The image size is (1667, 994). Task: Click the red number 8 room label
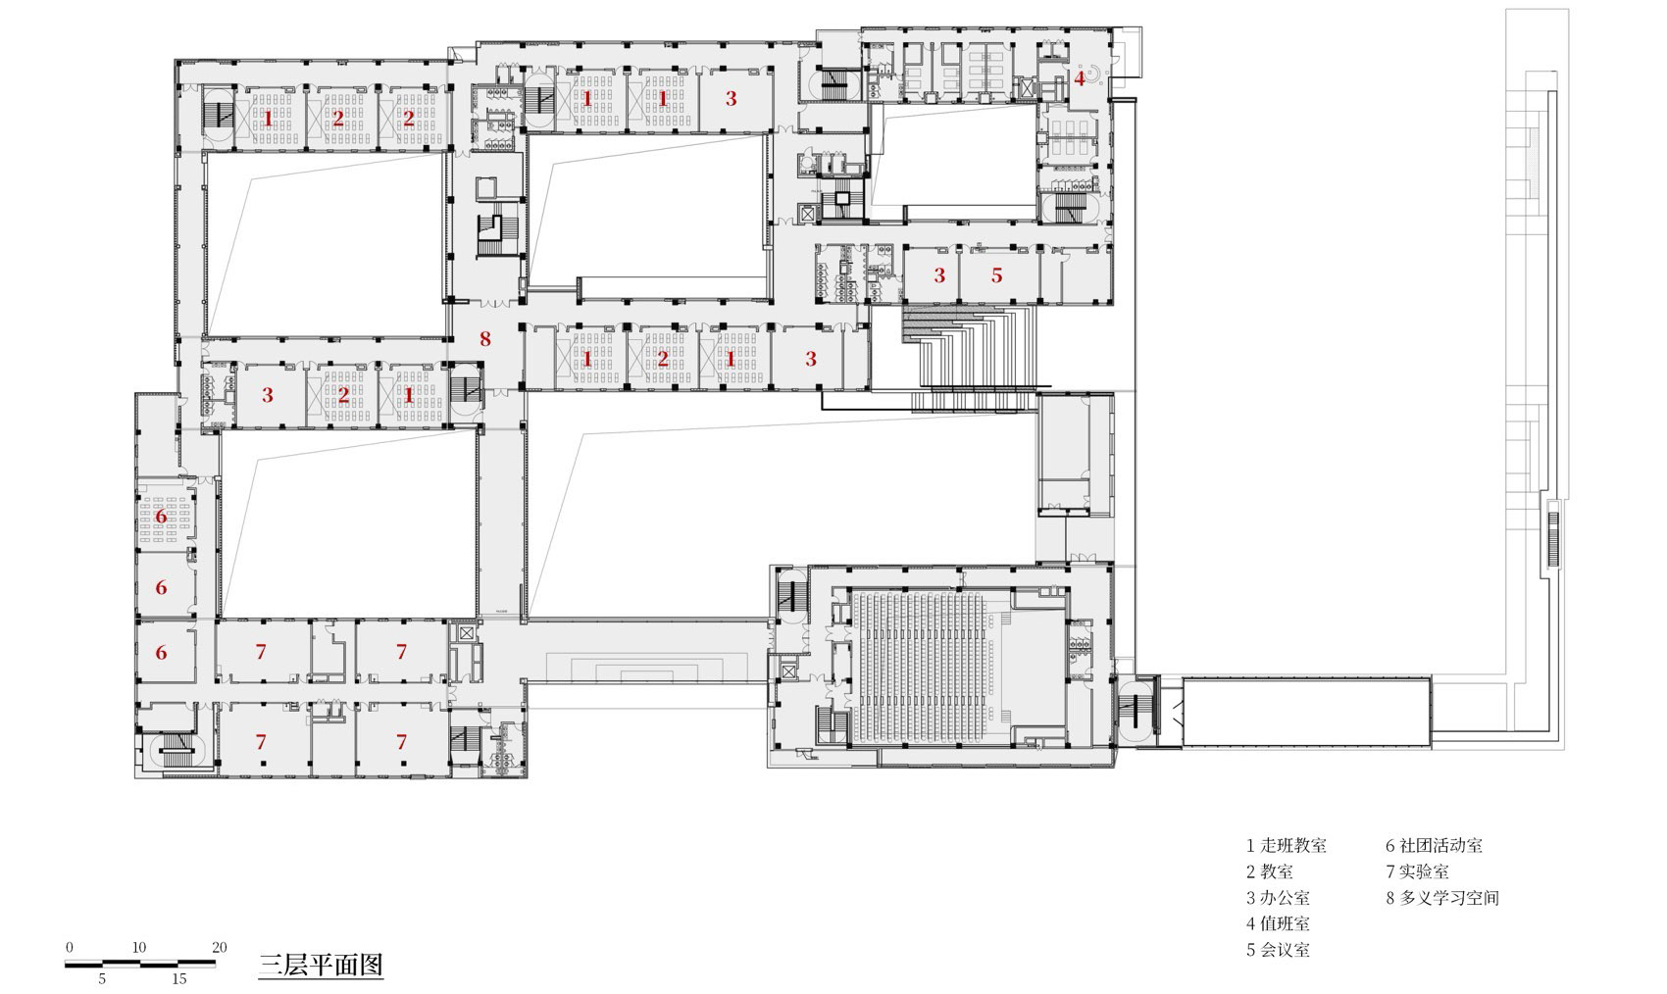[484, 340]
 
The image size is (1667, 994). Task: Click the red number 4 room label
[1080, 79]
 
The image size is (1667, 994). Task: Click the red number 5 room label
[996, 275]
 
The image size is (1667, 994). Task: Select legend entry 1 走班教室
[1287, 846]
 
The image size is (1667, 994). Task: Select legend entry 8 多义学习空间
[1441, 898]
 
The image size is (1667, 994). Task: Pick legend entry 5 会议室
[1278, 950]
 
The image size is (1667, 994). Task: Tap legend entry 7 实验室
[1417, 871]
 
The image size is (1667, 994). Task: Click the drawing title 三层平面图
[320, 965]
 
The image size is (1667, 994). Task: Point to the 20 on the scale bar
[219, 947]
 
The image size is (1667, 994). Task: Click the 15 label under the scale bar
[179, 978]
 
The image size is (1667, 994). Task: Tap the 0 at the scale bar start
[69, 947]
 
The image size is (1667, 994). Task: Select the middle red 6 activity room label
[162, 588]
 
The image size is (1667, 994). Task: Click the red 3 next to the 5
[939, 275]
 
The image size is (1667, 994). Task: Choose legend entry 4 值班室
[1278, 923]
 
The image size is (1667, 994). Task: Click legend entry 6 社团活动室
[1434, 846]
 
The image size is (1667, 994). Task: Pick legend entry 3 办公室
[1278, 898]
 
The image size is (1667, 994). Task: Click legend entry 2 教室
[1270, 871]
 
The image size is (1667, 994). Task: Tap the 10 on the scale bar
[139, 947]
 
